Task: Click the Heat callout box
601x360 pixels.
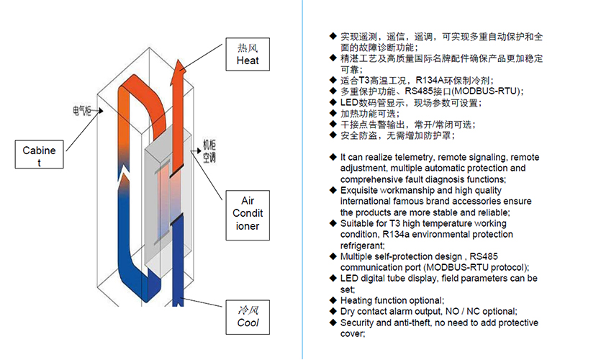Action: [248, 55]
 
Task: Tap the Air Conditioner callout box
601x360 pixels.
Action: [248, 213]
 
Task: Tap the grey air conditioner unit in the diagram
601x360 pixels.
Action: [166, 202]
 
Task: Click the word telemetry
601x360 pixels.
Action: [415, 157]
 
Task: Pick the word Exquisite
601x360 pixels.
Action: [363, 190]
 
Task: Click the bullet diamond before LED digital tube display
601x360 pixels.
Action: [333, 278]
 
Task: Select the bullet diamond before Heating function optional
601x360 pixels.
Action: [333, 300]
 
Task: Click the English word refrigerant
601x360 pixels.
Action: [364, 246]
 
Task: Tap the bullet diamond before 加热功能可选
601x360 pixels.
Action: [333, 114]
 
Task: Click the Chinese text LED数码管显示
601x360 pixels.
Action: [374, 102]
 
